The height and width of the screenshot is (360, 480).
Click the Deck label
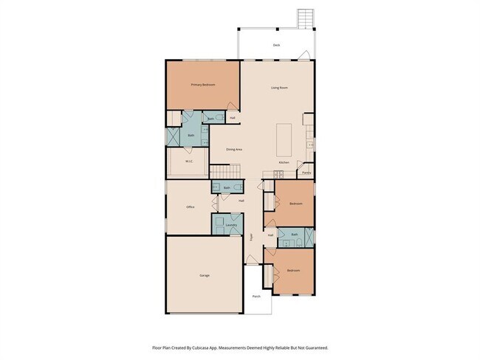click(x=276, y=45)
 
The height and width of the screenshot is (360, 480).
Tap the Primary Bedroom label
click(x=203, y=85)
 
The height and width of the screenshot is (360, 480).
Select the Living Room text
click(x=278, y=88)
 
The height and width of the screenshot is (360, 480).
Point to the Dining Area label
click(x=234, y=149)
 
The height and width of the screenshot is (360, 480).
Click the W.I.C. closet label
click(x=189, y=162)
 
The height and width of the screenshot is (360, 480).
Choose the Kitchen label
click(x=284, y=162)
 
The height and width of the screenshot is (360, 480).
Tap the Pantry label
click(x=306, y=173)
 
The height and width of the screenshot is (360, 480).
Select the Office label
click(x=190, y=207)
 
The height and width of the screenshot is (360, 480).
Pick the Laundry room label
click(x=230, y=225)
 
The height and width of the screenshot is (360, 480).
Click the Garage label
click(x=204, y=275)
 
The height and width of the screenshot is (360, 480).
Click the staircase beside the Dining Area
click(x=226, y=172)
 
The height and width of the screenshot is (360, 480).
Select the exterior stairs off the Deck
click(x=305, y=19)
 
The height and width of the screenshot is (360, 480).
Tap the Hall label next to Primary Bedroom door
click(x=233, y=118)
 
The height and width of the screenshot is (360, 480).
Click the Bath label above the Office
click(x=227, y=188)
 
